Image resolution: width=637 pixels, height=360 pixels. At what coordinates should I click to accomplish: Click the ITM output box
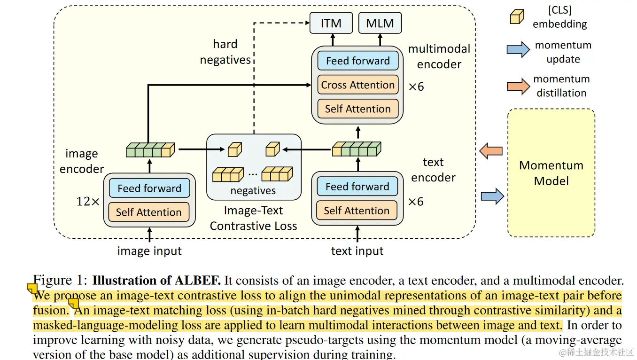331,23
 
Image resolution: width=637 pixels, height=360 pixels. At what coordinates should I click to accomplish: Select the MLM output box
380,23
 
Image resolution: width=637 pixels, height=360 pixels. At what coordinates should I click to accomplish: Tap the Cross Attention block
358,85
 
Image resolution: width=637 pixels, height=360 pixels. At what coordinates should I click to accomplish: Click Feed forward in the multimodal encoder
358,61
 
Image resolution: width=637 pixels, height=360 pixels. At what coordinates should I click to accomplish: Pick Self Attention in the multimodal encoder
358,109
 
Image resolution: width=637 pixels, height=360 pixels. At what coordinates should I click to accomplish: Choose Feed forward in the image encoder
149,188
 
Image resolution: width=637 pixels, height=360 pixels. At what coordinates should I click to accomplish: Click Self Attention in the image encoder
149,212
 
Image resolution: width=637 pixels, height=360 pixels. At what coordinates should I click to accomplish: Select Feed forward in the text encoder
357,187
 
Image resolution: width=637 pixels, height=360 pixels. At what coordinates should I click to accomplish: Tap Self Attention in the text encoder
357,211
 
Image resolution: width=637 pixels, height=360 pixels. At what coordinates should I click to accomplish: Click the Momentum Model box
551,173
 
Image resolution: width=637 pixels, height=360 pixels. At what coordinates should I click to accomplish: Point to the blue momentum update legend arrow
518,49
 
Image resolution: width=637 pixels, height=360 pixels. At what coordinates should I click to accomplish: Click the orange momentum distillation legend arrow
518,86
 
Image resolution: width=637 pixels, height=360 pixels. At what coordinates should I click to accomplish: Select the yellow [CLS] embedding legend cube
517,17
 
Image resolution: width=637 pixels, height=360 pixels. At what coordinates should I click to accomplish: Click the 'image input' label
149,251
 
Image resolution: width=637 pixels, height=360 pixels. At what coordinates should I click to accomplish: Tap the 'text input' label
357,251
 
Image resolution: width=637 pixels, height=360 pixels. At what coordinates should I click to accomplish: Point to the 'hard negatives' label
225,52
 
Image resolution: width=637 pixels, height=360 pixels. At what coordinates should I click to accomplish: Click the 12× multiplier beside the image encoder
88,202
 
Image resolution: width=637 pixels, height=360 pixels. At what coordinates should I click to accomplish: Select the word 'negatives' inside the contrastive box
253,191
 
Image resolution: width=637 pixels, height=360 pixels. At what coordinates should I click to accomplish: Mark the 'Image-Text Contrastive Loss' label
253,218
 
